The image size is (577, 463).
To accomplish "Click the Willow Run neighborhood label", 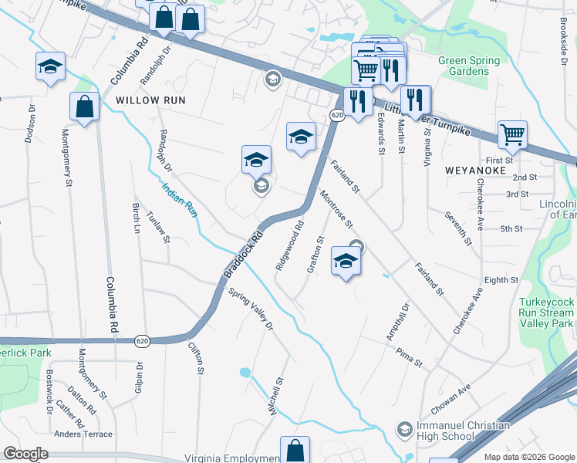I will [x=148, y=100].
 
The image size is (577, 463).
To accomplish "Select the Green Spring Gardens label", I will [x=469, y=66].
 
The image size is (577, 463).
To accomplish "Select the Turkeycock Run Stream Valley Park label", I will [x=546, y=313].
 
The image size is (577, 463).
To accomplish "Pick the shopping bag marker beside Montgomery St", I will [x=85, y=107].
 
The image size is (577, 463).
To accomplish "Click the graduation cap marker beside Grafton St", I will [x=346, y=260].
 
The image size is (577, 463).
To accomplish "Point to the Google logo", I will [x=26, y=454].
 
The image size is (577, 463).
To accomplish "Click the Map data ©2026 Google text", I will [x=528, y=457].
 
